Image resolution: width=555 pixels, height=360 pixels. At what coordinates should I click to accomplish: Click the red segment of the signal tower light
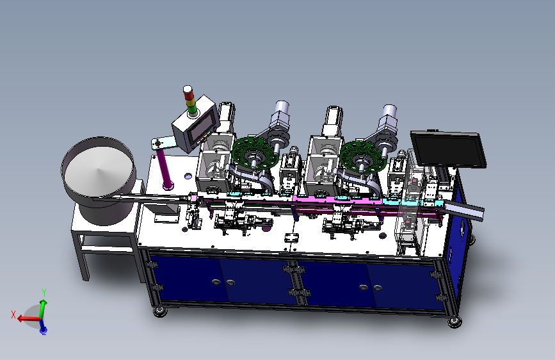[189, 95]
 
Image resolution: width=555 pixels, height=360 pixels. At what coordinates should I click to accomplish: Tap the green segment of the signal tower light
[192, 109]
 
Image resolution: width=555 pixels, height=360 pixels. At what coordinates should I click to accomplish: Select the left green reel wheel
[253, 153]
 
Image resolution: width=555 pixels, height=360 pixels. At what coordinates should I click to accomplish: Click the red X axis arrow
[28, 318]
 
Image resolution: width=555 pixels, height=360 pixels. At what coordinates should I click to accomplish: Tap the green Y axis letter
[44, 292]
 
